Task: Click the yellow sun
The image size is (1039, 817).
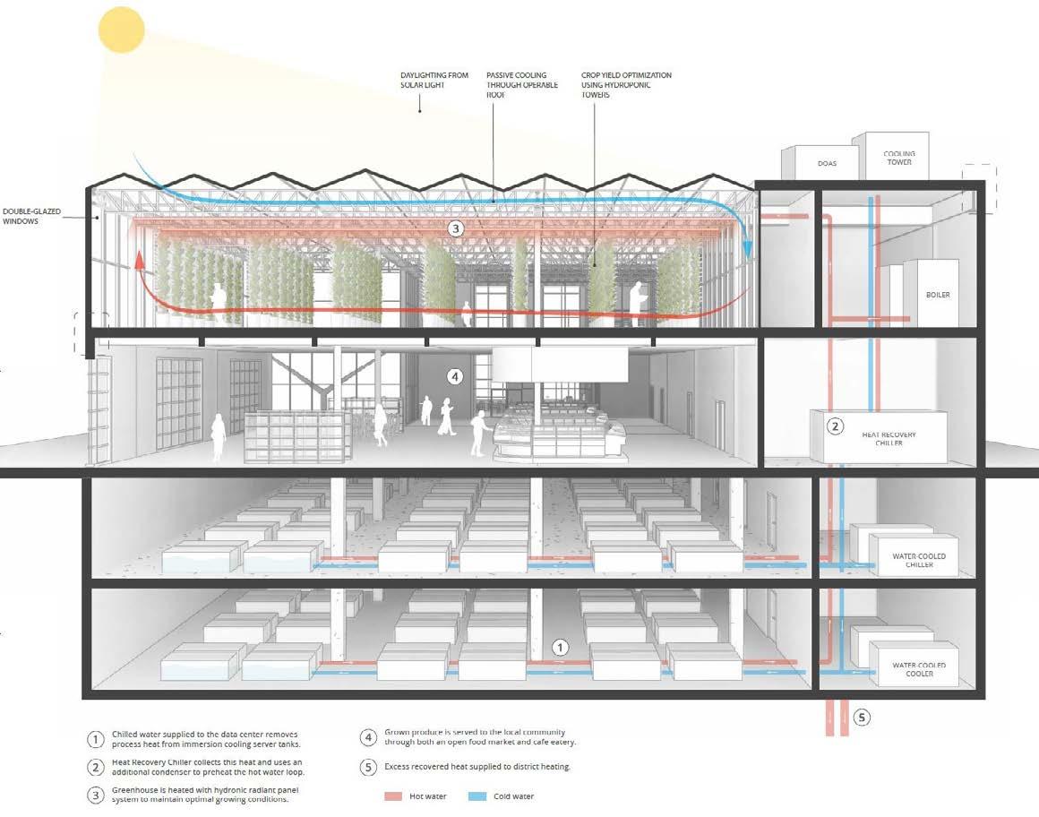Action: (122, 30)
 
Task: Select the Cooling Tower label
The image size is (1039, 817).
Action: (899, 159)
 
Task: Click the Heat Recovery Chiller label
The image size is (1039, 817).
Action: (889, 439)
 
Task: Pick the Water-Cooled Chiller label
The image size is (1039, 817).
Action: (919, 561)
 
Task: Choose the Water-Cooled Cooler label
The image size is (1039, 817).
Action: (919, 668)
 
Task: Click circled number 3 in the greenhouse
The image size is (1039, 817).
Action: (455, 229)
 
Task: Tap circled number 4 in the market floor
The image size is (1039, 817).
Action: (455, 377)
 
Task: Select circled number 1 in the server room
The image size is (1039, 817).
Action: (560, 646)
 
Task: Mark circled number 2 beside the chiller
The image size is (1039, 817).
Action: (835, 426)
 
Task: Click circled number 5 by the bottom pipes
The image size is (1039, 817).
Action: (862, 717)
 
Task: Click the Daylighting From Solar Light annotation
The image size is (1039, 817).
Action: (434, 81)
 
